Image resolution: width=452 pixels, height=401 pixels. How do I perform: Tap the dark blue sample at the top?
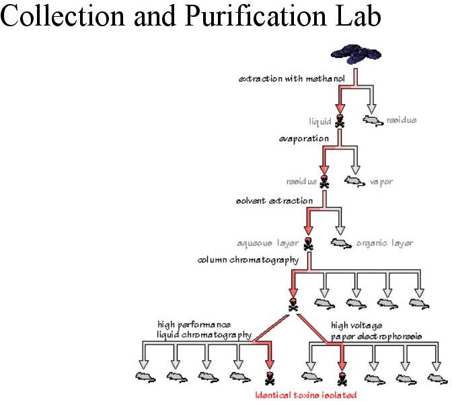click(356, 54)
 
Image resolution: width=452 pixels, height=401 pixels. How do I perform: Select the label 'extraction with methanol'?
click(292, 79)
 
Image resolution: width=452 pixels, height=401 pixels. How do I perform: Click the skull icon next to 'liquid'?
click(340, 121)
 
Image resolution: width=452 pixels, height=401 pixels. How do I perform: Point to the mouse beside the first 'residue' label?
click(373, 120)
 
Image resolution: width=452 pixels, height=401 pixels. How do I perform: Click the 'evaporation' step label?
click(304, 139)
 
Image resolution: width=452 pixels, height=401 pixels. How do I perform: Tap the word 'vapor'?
click(381, 182)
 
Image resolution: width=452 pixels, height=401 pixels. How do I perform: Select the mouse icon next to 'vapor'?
click(355, 182)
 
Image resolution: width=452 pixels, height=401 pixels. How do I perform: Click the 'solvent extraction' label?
click(274, 200)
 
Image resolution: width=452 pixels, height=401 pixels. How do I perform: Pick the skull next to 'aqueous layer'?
click(308, 244)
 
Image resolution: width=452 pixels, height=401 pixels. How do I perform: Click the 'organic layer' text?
click(385, 243)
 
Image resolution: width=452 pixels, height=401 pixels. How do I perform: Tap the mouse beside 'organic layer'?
click(341, 243)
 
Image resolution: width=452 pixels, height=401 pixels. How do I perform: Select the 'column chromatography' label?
click(248, 260)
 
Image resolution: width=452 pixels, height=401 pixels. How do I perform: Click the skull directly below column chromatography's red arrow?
click(293, 305)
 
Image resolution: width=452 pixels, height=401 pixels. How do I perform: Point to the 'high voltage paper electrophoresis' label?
click(376, 331)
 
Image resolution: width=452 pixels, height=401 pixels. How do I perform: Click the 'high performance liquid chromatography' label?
click(204, 330)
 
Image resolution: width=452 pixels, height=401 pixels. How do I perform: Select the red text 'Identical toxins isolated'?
click(306, 395)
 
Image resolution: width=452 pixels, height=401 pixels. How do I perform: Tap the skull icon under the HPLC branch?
click(270, 379)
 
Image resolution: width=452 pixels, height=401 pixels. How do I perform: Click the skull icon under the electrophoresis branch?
click(342, 379)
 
